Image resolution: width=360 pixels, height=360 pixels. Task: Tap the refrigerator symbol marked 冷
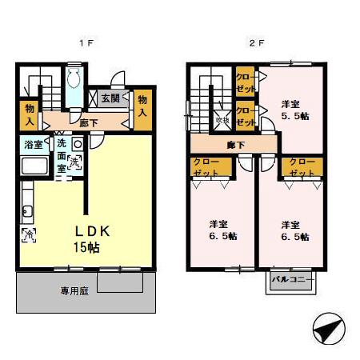[27, 235]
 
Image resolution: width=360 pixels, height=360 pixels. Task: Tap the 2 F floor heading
[255, 42]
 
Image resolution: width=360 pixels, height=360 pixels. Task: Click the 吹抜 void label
[222, 120]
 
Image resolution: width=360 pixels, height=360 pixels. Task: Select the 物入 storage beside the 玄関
[142, 105]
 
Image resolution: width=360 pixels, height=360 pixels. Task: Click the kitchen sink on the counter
[27, 212]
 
